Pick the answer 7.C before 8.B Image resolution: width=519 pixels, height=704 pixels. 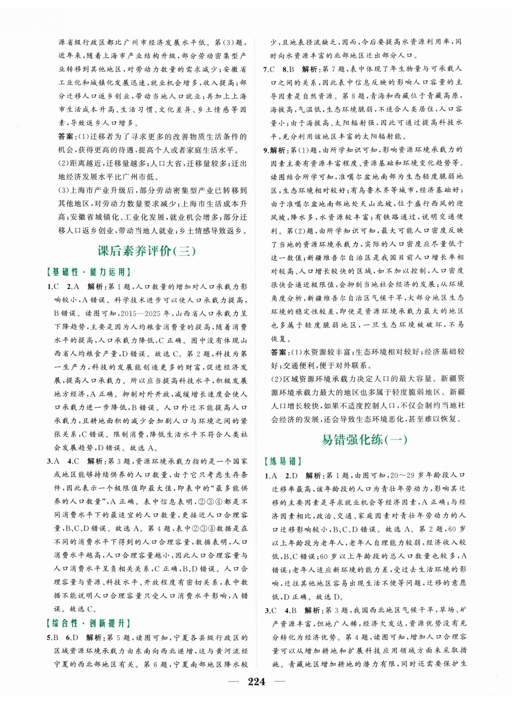coord(270,69)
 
